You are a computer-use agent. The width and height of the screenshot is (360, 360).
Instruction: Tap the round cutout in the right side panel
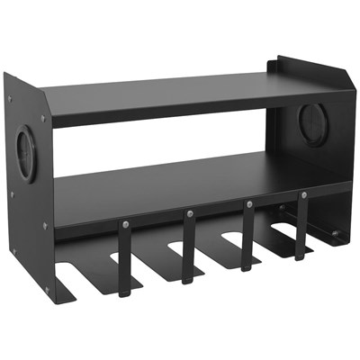pos(313,123)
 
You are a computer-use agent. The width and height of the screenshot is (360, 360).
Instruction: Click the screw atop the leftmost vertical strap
pos(125,225)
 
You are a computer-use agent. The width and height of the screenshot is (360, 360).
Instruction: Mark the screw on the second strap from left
pos(190,214)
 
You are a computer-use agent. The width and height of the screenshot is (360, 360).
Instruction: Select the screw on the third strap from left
pos(248,204)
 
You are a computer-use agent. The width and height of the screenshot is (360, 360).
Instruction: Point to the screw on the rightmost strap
pos(303,194)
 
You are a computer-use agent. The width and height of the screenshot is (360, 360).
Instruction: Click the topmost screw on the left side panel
pos(10,98)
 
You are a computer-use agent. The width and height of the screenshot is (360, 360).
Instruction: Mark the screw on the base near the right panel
pos(335,235)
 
